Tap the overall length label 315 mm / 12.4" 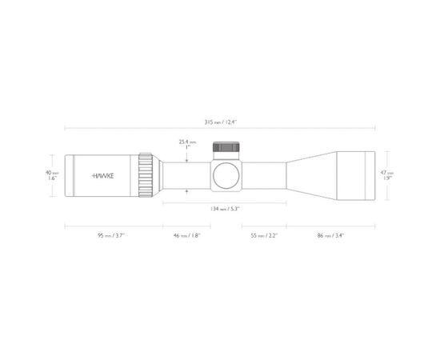[x=220, y=123]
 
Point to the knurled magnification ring [x=146, y=174]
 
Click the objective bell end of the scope [x=352, y=174]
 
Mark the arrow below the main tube [x=186, y=190]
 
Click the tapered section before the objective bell [x=308, y=174]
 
